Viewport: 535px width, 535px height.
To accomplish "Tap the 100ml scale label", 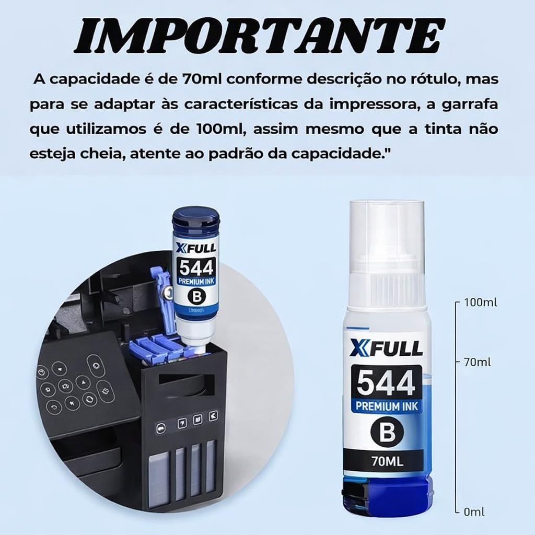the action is (481, 303).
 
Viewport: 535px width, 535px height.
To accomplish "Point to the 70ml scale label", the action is (478, 362).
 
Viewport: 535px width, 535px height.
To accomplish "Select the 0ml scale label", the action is (474, 512).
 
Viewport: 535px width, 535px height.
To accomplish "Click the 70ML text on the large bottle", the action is (387, 461).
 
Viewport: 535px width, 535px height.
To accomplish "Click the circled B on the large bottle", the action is (387, 432).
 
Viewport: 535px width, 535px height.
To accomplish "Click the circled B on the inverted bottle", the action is (197, 297).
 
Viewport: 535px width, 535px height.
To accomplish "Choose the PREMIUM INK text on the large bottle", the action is (387, 406).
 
